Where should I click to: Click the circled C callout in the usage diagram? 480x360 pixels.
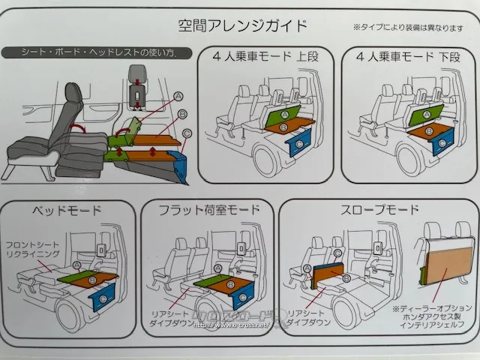(x=187, y=133)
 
